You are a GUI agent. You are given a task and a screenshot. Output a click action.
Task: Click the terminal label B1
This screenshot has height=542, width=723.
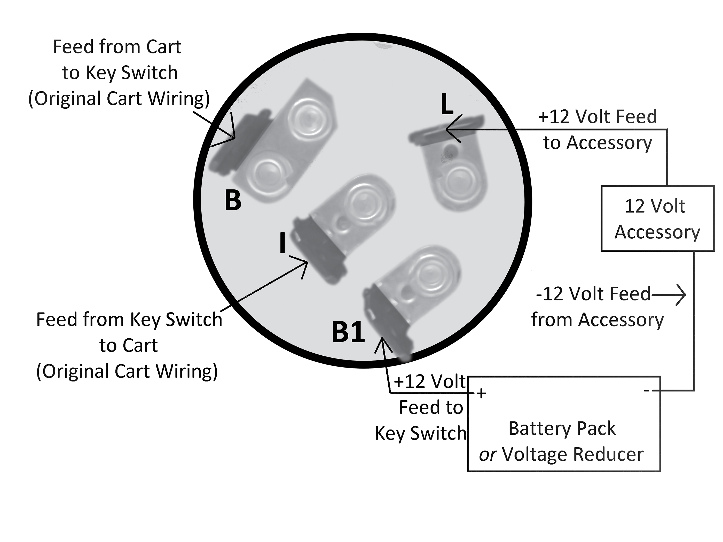click(x=348, y=332)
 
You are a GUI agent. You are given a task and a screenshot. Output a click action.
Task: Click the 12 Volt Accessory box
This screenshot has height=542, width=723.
click(x=657, y=219)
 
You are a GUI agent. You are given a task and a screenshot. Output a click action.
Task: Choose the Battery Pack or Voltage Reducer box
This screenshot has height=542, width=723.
click(x=564, y=424)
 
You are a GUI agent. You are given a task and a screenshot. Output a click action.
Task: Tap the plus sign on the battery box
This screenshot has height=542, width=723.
click(x=481, y=394)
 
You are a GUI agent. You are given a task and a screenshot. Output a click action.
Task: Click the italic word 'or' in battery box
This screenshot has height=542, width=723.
click(x=488, y=455)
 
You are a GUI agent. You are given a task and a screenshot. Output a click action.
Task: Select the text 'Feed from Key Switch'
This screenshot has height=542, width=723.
click(x=129, y=319)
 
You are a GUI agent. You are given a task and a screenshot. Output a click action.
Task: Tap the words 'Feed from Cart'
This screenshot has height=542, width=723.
click(x=117, y=47)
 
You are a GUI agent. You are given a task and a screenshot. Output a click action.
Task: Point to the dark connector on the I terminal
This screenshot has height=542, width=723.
click(x=319, y=250)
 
